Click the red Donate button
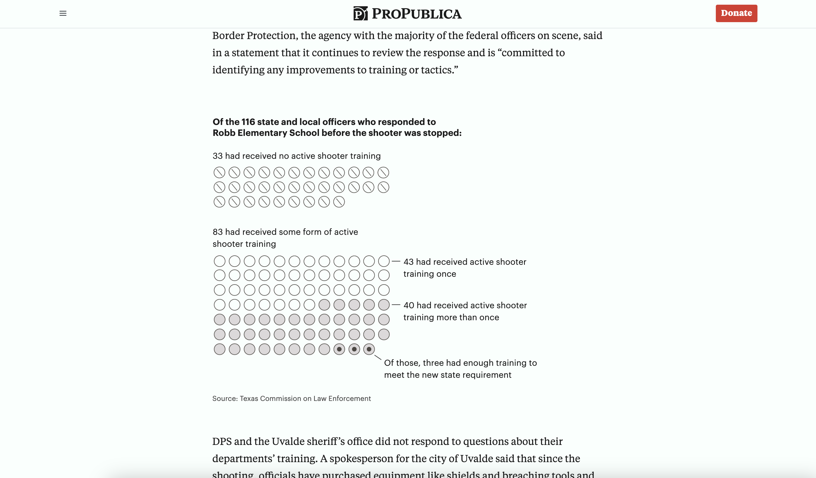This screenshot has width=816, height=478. tap(736, 13)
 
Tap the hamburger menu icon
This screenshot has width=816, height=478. tap(63, 13)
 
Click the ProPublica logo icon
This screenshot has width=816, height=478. tap(360, 14)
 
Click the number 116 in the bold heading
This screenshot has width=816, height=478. tap(248, 122)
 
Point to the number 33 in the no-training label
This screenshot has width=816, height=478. tap(217, 156)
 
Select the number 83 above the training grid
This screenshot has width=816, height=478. tap(217, 232)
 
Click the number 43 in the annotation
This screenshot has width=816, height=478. tap(408, 262)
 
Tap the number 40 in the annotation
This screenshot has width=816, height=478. tap(409, 305)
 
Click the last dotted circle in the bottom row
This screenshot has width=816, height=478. tap(369, 349)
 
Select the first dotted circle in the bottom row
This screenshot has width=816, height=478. tap(339, 349)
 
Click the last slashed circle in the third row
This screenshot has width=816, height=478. tap(339, 202)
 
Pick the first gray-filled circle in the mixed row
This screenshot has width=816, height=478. tap(324, 305)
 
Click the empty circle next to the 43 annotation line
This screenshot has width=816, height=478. tap(384, 261)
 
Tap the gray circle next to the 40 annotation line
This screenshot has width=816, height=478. tap(384, 305)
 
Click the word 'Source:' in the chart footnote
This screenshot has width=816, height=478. tap(225, 399)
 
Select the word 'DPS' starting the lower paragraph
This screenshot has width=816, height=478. tap(222, 441)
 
